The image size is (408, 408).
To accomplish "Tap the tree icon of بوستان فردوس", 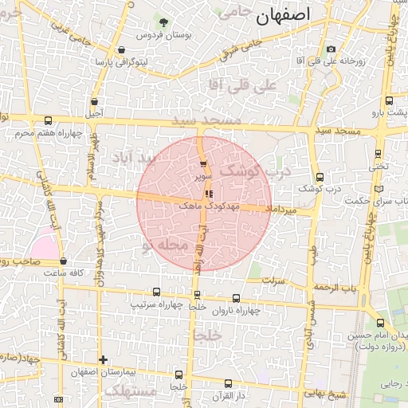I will [163, 22].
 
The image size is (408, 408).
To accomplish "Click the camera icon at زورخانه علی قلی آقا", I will [331, 49].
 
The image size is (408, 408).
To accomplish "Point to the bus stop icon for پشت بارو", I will [389, 101].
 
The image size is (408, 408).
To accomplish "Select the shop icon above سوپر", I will [203, 163].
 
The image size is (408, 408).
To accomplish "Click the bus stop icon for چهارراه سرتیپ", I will [156, 292].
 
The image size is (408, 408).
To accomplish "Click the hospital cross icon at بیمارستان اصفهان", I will [103, 360].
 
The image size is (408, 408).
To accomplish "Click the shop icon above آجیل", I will [96, 102].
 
